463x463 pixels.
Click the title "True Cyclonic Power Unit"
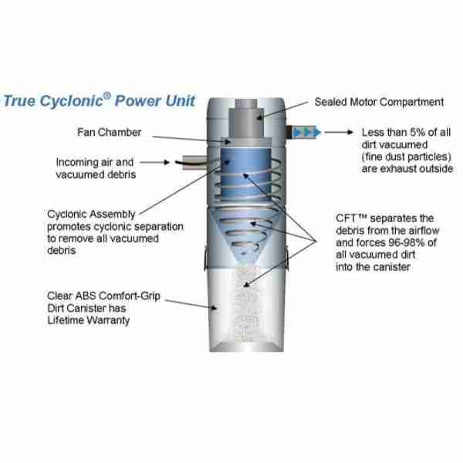(x=100, y=100)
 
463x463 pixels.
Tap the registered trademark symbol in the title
(x=107, y=96)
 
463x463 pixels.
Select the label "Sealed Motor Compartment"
(x=379, y=102)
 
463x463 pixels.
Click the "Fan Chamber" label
(x=110, y=132)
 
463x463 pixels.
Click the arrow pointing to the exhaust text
(x=339, y=132)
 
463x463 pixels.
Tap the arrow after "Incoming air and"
(x=154, y=162)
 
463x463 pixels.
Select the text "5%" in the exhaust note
(x=417, y=132)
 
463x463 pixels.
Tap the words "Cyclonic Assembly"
(x=91, y=215)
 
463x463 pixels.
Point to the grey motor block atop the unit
(x=247, y=121)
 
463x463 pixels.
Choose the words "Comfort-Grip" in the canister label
(x=130, y=296)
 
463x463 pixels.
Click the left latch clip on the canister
(x=205, y=258)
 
